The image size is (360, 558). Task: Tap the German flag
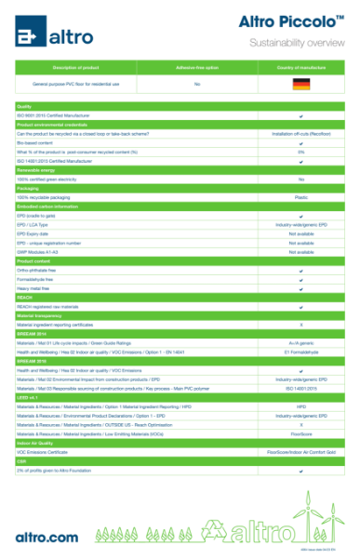pos(300,85)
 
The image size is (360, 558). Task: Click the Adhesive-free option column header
pos(197,69)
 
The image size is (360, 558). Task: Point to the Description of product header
pos(76,69)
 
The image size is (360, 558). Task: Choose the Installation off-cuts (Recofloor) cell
pos(300,133)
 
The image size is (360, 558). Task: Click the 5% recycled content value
pos(300,151)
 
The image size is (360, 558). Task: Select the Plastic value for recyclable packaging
pos(300,197)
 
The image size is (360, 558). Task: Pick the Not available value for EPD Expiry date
pos(300,233)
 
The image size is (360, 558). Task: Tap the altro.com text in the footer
pos(47,537)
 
